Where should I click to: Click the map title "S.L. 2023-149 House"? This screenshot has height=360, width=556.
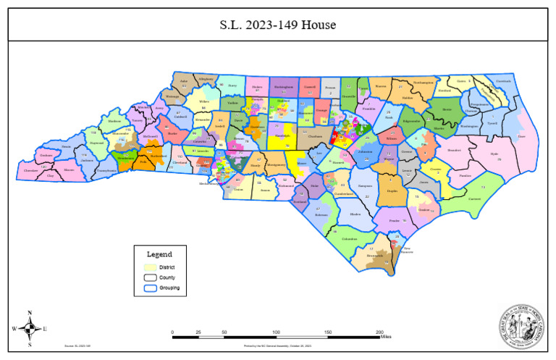tap(278, 25)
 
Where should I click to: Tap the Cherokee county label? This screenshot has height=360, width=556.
tap(31, 171)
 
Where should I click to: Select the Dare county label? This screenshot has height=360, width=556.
tap(521, 136)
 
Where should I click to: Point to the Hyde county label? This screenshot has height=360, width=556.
tap(494, 154)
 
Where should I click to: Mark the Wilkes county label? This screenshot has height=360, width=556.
tap(204, 102)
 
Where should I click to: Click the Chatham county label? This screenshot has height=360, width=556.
tap(314, 135)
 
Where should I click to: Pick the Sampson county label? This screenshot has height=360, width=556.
tap(365, 186)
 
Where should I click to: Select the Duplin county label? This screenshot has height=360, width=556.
tap(392, 191)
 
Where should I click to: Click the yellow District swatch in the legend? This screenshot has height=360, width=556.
tap(148, 267)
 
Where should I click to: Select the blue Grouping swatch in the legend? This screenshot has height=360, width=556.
tap(148, 288)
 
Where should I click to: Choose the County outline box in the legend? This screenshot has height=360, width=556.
tap(148, 277)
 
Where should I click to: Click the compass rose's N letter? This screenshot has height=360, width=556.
tap(30, 314)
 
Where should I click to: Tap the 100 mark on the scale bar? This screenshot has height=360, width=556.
tap(276, 332)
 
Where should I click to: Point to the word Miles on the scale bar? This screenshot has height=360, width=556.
tap(385, 338)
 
